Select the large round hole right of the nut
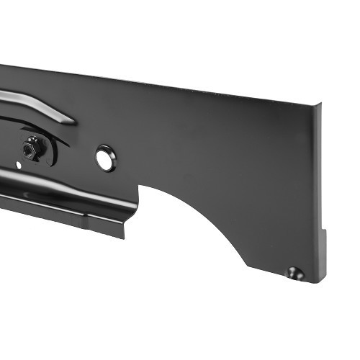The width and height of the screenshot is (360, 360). [x=105, y=158]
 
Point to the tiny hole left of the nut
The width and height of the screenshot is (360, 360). [x=19, y=166]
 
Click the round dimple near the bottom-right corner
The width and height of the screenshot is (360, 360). [x=294, y=272]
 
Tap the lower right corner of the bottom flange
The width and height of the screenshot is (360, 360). [x=124, y=237]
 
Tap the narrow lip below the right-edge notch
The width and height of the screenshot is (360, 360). [x=323, y=256]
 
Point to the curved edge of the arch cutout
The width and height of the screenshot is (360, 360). [x=216, y=216]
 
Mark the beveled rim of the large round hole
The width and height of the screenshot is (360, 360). [x=99, y=153]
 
